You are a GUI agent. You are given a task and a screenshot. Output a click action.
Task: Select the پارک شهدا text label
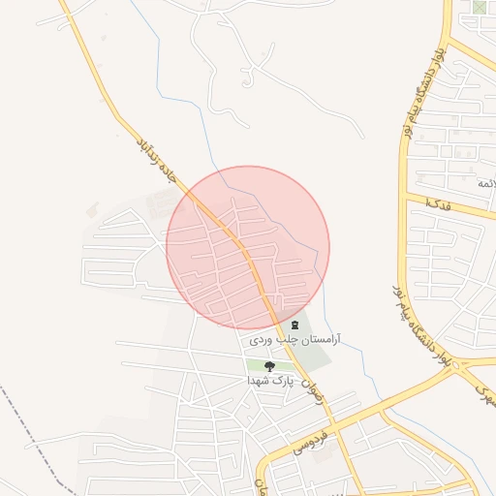click(x=269, y=382)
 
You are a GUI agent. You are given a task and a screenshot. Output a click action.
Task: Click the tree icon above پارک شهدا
click(x=269, y=366)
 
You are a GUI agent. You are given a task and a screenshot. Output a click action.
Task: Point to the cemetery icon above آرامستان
click(x=294, y=325)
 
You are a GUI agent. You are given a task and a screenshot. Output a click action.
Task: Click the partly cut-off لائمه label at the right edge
click(x=485, y=183)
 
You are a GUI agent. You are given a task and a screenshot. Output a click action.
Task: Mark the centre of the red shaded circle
click(x=248, y=247)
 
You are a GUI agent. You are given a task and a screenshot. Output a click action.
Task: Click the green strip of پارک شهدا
click(x=256, y=365)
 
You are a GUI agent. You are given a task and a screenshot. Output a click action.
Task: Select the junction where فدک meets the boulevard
click(x=408, y=199)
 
